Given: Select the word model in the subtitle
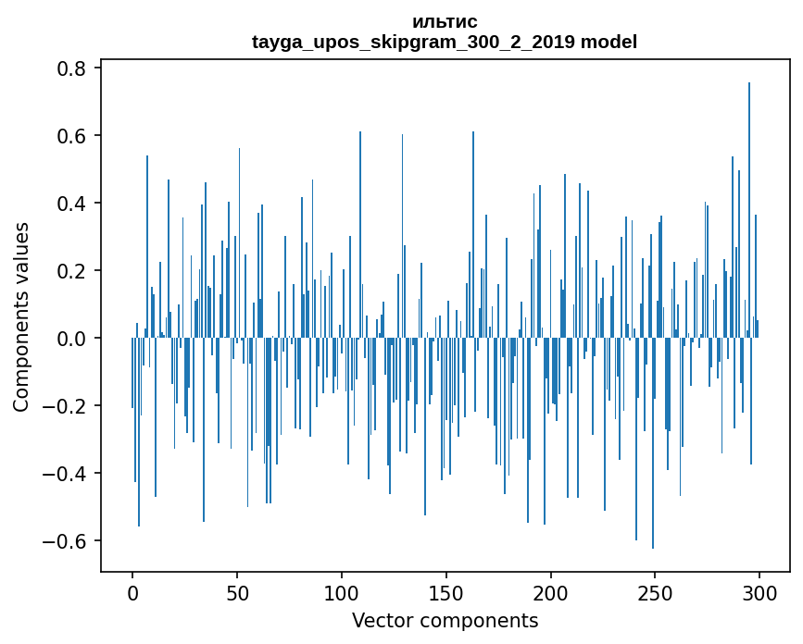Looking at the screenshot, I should point(609,43).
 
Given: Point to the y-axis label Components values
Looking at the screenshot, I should point(21,316).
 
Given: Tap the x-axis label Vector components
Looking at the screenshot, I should point(445,620).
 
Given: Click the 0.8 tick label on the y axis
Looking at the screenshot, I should point(69,68).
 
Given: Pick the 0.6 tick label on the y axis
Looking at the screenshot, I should point(69,136).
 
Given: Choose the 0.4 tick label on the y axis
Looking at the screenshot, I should point(69,204).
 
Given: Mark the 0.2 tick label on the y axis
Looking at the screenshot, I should point(69,271).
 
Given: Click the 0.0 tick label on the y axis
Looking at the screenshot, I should point(69,339).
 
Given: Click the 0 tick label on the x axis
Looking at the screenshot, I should point(132,592).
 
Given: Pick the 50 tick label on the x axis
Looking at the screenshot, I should point(237,592).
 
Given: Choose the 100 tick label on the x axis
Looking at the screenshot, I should point(342,592).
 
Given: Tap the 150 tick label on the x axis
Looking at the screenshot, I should point(446,592).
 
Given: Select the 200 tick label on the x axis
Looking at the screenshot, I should point(551,592).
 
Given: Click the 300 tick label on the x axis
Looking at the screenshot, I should point(759,592).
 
